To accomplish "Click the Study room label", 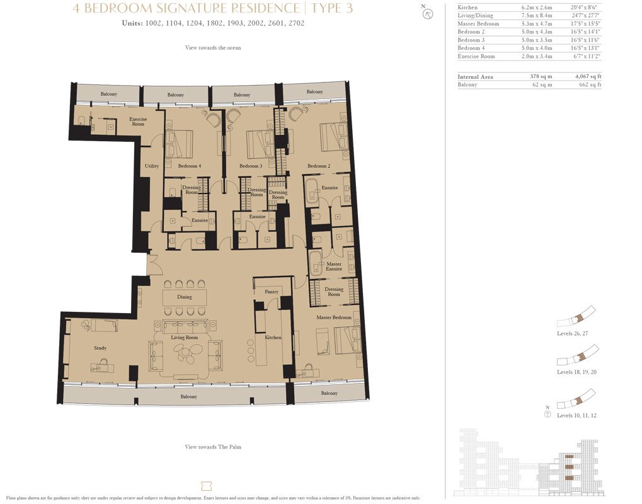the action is (100, 348).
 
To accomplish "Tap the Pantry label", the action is (272, 292).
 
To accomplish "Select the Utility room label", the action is (151, 166).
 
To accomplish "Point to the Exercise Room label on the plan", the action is (138, 122).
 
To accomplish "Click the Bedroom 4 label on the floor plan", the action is (190, 166).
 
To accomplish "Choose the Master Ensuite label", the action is (334, 266).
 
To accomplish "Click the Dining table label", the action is (184, 297).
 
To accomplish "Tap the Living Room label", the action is (184, 337).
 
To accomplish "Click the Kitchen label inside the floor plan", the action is (273, 337).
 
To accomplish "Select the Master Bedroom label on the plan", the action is (334, 318).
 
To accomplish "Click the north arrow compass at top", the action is (428, 14).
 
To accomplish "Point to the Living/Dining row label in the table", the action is (475, 16).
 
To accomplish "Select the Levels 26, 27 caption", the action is (572, 333).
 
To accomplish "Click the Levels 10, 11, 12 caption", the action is (576, 415).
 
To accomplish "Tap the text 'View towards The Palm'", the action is (213, 447).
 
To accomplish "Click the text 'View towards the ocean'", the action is (213, 47).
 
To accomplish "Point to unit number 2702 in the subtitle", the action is (297, 23).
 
